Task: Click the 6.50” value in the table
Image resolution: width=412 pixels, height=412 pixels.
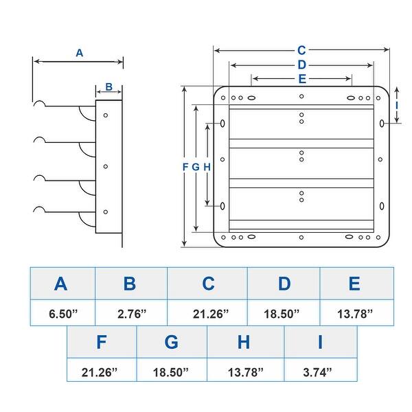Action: [63, 314]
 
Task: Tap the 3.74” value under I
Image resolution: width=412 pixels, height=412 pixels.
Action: [317, 372]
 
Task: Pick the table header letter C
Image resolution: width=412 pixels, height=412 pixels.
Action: [208, 284]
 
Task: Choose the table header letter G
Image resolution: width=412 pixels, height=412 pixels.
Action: [171, 342]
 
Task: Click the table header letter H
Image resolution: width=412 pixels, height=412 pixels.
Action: [244, 342]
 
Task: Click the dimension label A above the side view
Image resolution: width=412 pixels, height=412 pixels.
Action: [80, 53]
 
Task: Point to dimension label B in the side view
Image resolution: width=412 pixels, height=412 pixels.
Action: [108, 87]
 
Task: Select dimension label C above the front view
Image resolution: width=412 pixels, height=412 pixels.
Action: [301, 50]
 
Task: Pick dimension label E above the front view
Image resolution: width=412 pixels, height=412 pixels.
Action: [302, 79]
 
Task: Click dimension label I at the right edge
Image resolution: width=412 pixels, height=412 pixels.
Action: [397, 106]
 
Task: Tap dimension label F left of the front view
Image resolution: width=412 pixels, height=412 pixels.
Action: [185, 167]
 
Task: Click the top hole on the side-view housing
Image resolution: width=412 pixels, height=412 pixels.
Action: [106, 115]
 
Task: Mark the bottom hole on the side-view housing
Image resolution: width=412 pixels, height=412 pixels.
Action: [106, 212]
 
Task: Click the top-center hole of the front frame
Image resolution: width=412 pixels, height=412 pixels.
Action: [301, 96]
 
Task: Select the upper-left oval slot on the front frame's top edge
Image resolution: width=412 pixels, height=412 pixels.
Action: [251, 98]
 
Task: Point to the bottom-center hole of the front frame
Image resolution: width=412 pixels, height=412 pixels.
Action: [301, 238]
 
